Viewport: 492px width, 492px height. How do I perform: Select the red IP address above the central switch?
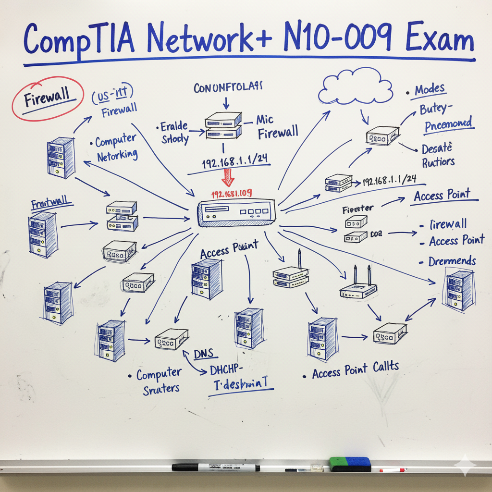[232, 194]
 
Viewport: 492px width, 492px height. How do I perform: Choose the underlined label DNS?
[205, 355]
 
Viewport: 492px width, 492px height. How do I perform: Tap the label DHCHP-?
[227, 370]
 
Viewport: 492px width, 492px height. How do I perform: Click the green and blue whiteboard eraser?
[350, 464]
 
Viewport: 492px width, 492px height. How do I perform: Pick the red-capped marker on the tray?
[392, 470]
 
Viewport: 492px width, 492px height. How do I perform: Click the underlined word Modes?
[430, 90]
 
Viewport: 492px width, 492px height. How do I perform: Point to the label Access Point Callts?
[355, 370]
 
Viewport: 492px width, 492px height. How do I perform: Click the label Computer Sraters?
[159, 381]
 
